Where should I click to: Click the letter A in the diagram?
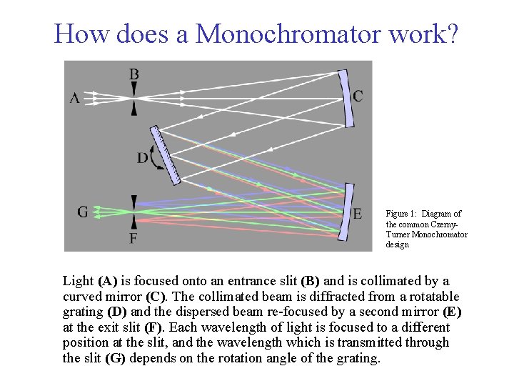(x=75, y=98)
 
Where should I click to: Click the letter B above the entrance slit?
(x=134, y=74)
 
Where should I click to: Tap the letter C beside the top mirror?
(x=358, y=96)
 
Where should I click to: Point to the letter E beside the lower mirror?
(x=358, y=214)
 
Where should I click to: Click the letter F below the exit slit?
(x=133, y=238)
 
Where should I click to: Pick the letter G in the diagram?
(x=84, y=212)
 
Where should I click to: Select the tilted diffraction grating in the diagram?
(x=165, y=154)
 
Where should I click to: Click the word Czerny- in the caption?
(x=449, y=224)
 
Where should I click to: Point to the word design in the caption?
(x=398, y=244)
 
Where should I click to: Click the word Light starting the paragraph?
(x=79, y=281)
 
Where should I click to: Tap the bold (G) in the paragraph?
(x=115, y=358)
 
